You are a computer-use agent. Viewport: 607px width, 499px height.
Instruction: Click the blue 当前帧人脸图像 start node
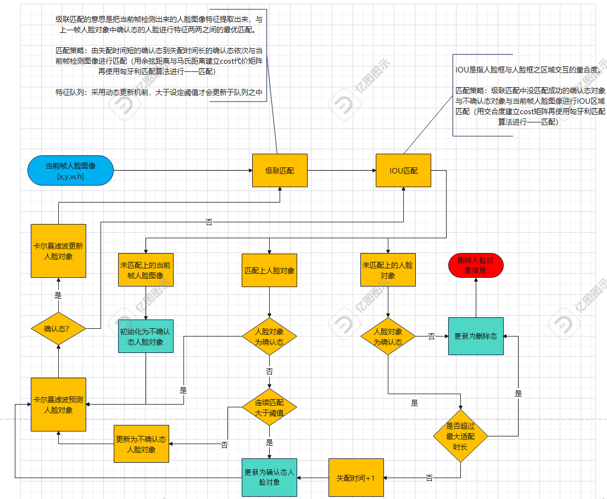70,170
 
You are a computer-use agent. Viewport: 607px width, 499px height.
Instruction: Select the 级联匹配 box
280,171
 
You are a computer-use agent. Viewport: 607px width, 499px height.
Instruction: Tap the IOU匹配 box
403,171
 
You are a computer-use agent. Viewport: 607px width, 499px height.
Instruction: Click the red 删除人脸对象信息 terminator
476,266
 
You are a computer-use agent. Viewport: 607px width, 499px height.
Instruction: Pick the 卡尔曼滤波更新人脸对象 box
58,251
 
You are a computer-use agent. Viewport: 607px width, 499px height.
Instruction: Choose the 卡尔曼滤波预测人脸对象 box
58,405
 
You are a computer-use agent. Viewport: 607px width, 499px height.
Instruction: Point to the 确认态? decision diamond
58,329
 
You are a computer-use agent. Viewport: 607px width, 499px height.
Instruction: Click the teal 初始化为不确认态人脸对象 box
146,336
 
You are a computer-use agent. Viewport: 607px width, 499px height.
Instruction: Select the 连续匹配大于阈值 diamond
269,407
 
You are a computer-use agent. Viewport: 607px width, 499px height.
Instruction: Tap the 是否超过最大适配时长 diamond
460,436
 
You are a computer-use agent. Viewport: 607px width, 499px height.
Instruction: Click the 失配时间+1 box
355,478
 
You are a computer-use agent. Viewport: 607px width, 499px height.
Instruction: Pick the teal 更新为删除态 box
476,336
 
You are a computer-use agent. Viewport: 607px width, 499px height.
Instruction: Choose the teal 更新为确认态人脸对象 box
269,477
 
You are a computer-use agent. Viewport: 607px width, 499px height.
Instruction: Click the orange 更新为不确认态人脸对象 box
141,444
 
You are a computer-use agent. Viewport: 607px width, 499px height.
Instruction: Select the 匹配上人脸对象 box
269,270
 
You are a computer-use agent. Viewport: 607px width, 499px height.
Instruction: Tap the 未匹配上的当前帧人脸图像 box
146,270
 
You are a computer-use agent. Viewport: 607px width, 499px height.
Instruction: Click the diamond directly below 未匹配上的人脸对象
388,336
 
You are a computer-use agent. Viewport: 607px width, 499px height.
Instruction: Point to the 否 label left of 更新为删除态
431,337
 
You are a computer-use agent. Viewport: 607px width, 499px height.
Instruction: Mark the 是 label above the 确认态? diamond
58,295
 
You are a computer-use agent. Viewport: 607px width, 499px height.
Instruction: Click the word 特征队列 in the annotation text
70,92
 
